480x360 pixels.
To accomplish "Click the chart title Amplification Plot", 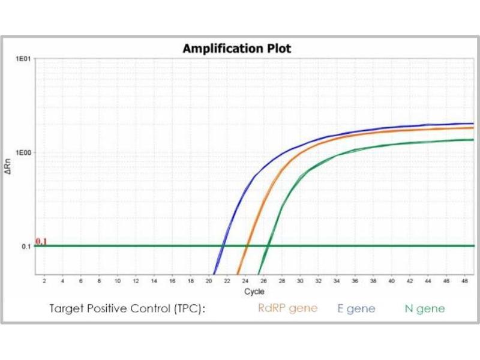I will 236,49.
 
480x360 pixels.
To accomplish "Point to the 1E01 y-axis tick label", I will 23,59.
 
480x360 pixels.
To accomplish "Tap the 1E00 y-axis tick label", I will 23,152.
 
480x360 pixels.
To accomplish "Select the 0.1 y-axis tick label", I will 26,247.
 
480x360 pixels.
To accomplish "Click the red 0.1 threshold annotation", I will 41,241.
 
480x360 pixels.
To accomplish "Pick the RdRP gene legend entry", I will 287,308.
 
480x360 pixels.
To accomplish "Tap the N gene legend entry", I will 424,308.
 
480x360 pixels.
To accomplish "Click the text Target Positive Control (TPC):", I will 127,308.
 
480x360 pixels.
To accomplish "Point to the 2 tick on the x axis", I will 44,281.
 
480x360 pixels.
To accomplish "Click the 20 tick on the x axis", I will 209,281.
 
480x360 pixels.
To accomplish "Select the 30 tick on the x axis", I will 300,281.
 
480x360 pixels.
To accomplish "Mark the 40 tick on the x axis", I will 392,281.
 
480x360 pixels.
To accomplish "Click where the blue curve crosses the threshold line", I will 223,246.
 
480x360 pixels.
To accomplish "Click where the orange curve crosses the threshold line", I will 247,246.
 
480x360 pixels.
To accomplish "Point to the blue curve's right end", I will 473,124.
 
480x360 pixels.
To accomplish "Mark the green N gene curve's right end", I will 473,140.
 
